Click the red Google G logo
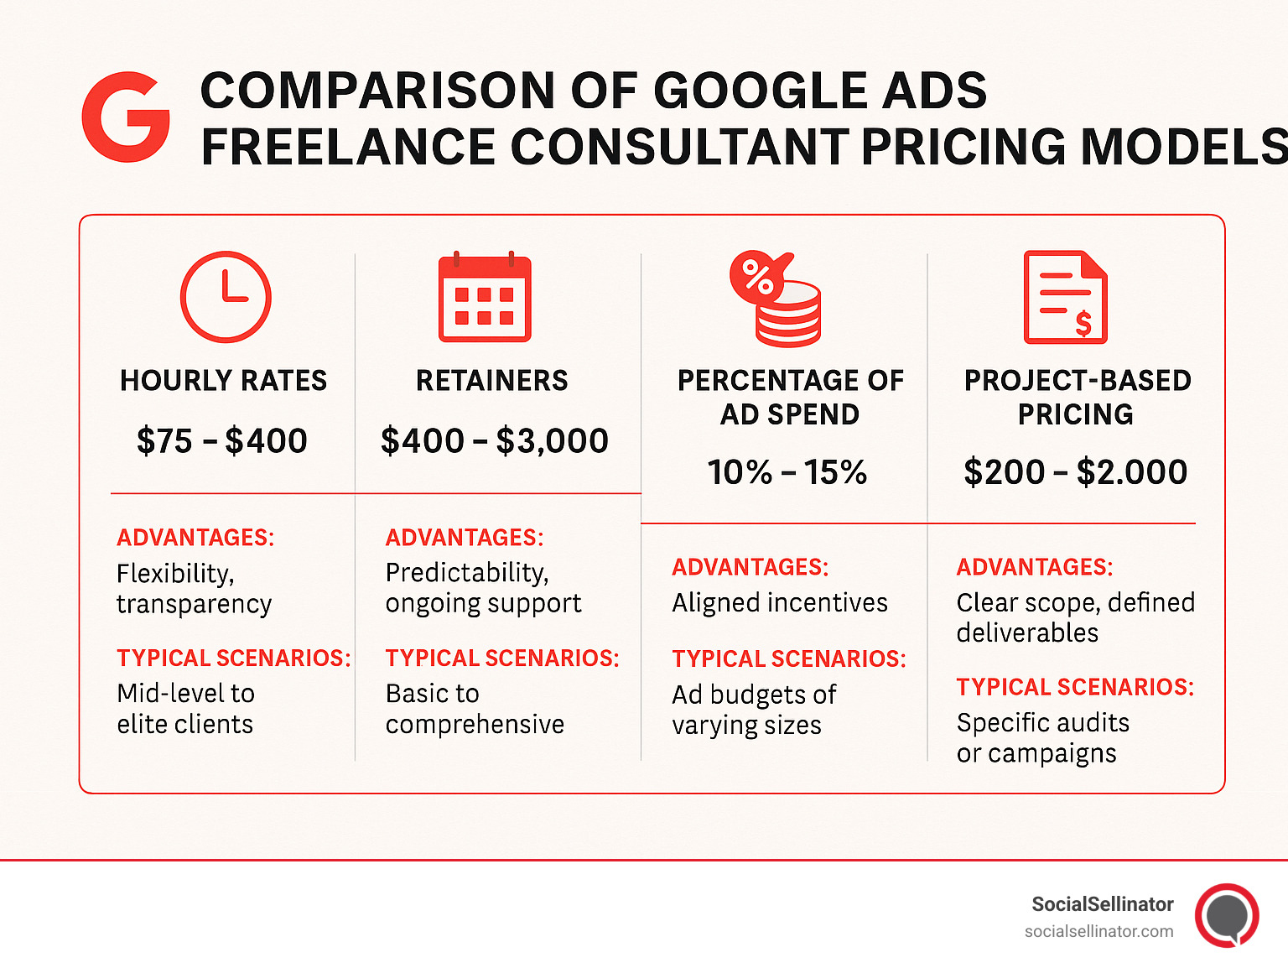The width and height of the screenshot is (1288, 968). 126,117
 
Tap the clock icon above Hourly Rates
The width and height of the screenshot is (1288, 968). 226,297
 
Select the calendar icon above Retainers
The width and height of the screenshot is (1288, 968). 485,298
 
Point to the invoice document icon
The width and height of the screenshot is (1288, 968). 1066,297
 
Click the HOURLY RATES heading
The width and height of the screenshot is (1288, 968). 223,381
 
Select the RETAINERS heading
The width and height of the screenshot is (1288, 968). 492,381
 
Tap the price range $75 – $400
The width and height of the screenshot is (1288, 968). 222,441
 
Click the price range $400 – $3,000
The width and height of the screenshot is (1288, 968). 494,441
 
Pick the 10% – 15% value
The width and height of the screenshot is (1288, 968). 787,472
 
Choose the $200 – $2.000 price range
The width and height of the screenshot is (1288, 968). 1075,472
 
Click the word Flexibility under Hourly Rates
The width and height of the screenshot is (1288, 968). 174,574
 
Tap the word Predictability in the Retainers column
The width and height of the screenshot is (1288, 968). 466,573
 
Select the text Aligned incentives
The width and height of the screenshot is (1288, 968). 779,603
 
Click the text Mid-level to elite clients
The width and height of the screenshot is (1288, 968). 185,709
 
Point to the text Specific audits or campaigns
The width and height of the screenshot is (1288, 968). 1042,738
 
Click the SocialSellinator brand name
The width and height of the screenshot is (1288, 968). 1102,904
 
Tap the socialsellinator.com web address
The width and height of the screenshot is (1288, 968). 1098,931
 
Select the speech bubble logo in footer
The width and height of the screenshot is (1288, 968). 1228,915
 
